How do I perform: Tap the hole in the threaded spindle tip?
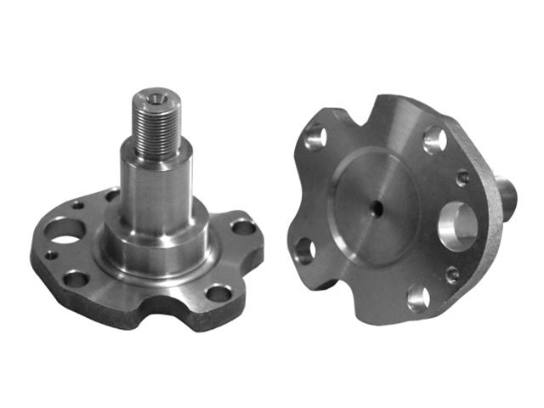155,96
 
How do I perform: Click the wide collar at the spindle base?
153,252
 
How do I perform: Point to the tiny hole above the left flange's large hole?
79,205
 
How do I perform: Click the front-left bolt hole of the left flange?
76,278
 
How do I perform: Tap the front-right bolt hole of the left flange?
218,293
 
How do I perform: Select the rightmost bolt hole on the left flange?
243,227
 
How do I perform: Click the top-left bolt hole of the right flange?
315,136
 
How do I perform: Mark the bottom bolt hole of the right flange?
418,297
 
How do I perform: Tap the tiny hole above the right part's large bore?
462,178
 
